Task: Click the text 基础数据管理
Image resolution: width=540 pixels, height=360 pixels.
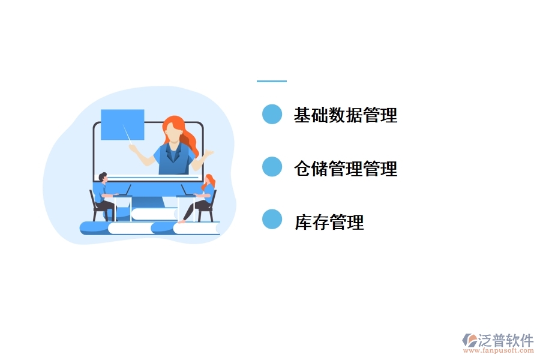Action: click(x=345, y=115)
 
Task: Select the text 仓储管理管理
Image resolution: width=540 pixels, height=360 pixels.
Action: click(x=345, y=169)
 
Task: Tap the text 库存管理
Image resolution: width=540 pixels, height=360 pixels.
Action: click(x=329, y=223)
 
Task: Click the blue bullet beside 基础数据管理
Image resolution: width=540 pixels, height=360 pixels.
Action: click(x=272, y=114)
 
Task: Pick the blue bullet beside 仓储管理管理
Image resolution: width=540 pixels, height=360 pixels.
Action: click(x=272, y=167)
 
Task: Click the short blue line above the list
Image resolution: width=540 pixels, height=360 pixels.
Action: click(x=271, y=81)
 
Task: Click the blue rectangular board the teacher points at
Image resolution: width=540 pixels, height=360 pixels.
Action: click(x=122, y=124)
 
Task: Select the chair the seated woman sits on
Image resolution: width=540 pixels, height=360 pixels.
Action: click(x=211, y=207)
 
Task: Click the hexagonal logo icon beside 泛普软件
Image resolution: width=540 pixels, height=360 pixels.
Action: click(x=469, y=340)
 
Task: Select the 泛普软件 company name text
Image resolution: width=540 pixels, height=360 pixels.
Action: click(x=505, y=339)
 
